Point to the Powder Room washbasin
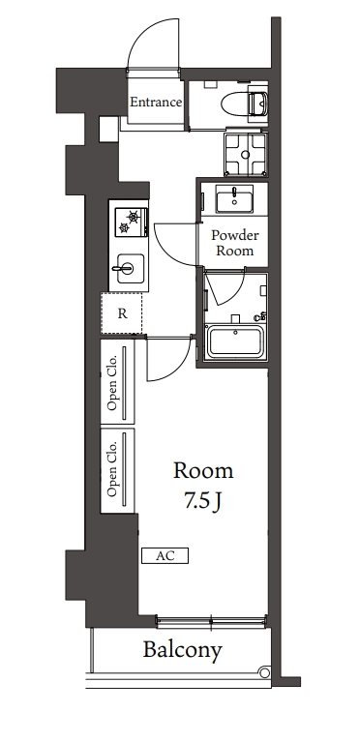pyautogui.click(x=232, y=200)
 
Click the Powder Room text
pyautogui.click(x=233, y=242)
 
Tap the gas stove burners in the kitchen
pyautogui.click(x=129, y=222)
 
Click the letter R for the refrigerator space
pyautogui.click(x=122, y=312)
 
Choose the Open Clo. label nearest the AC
pyautogui.click(x=113, y=471)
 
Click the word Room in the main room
pyautogui.click(x=203, y=471)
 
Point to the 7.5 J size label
pyautogui.click(x=203, y=501)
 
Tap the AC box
pyautogui.click(x=165, y=556)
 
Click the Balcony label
pyautogui.click(x=184, y=650)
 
